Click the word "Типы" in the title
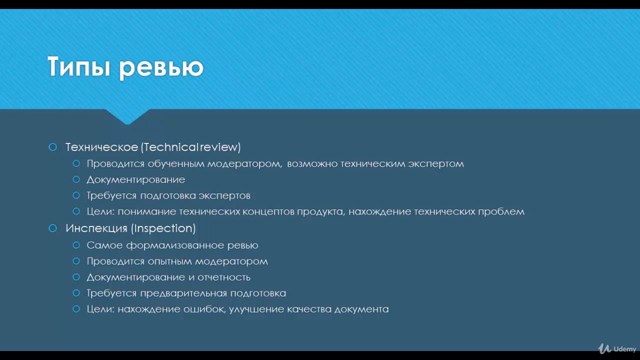(x=79, y=66)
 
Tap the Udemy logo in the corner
(x=617, y=348)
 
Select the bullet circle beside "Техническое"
(x=53, y=147)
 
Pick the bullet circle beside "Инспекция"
(x=53, y=228)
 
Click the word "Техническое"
(x=102, y=147)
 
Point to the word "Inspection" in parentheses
(x=163, y=228)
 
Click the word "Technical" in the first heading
(x=170, y=147)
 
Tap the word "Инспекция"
(x=96, y=228)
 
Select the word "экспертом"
(x=436, y=163)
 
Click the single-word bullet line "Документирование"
(x=136, y=179)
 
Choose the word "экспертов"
(x=224, y=195)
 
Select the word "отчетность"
(x=224, y=277)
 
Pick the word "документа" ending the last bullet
(x=361, y=309)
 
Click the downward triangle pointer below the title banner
(x=127, y=116)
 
